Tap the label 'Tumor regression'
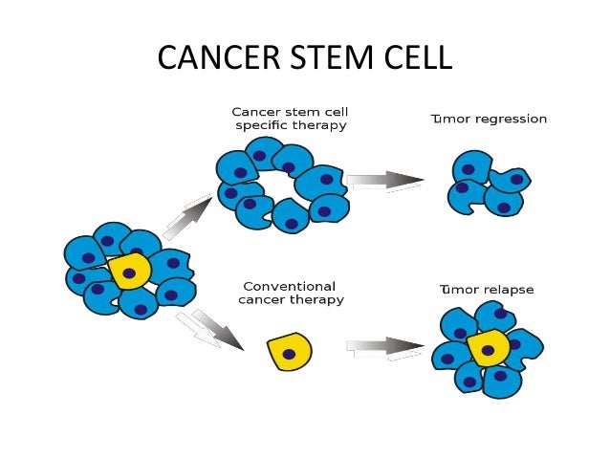coord(490,120)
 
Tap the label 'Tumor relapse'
coord(486,289)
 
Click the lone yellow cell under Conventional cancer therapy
coord(290,352)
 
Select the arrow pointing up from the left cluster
coord(188,219)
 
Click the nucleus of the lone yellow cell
coord(289,354)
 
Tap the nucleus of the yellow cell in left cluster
coord(129,273)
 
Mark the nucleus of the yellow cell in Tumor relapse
coord(488,350)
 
